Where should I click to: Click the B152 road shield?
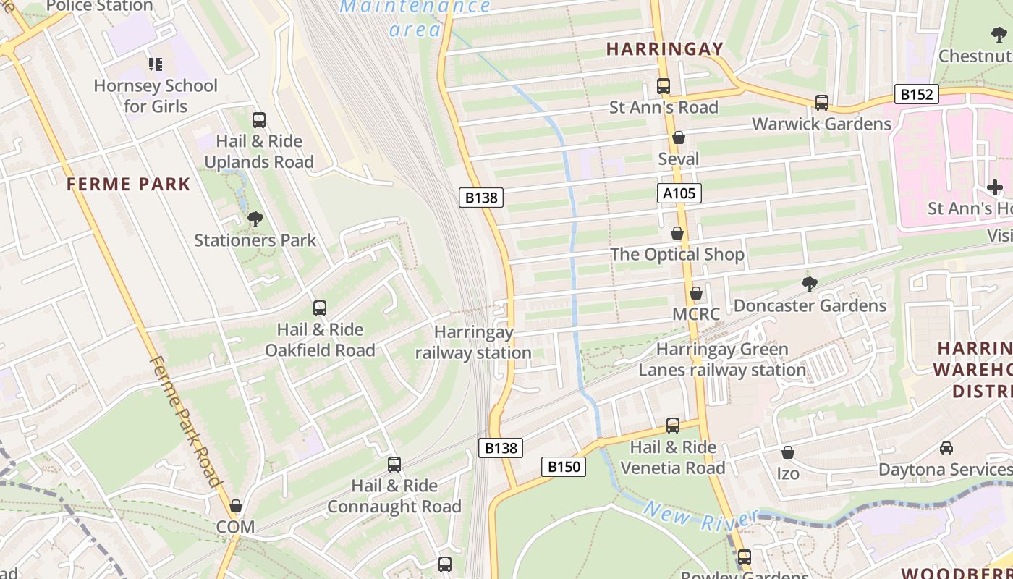click(x=916, y=94)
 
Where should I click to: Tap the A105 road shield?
click(x=679, y=193)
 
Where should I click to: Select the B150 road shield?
click(x=564, y=467)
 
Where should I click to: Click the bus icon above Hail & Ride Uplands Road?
click(x=259, y=120)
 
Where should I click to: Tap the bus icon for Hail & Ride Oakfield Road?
click(x=320, y=308)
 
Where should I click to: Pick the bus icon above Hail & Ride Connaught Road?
click(x=394, y=465)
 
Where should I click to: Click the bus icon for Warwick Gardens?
click(x=822, y=103)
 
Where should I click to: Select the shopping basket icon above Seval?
click(x=679, y=138)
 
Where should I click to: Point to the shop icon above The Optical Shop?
click(x=677, y=233)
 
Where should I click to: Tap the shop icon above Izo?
click(x=788, y=452)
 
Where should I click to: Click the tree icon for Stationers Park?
click(x=255, y=219)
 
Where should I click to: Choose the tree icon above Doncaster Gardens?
click(x=810, y=284)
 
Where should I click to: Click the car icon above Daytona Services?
click(x=946, y=448)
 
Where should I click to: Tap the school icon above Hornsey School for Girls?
click(x=156, y=64)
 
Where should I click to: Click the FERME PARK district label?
click(x=129, y=185)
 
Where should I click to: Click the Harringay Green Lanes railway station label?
click(x=722, y=360)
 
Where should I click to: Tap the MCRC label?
click(x=696, y=314)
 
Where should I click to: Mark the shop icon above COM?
click(x=236, y=506)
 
